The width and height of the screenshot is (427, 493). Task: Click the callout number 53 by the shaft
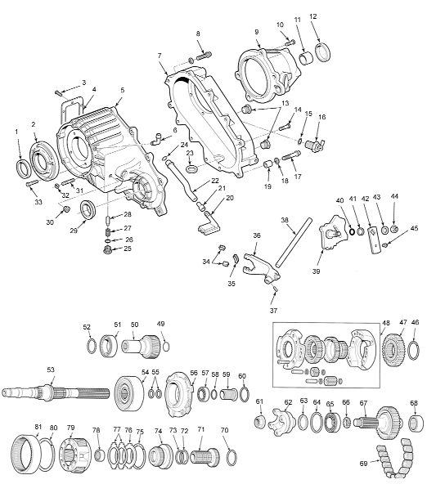click(x=51, y=370)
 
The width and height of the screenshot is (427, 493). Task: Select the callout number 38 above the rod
click(x=285, y=221)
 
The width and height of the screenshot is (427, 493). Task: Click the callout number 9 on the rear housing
click(x=256, y=32)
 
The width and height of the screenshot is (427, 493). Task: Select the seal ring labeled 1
click(x=25, y=168)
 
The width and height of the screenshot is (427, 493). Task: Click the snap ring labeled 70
click(x=231, y=455)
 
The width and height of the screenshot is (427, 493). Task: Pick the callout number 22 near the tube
click(x=214, y=181)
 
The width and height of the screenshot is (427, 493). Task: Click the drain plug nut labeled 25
click(x=106, y=250)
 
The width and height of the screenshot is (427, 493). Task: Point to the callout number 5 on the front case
click(x=122, y=90)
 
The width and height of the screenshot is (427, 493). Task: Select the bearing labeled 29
click(x=86, y=216)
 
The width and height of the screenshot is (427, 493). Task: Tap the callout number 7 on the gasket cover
click(x=161, y=55)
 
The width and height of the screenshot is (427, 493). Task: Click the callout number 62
click(x=288, y=402)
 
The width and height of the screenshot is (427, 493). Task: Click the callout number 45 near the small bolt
click(x=414, y=228)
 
